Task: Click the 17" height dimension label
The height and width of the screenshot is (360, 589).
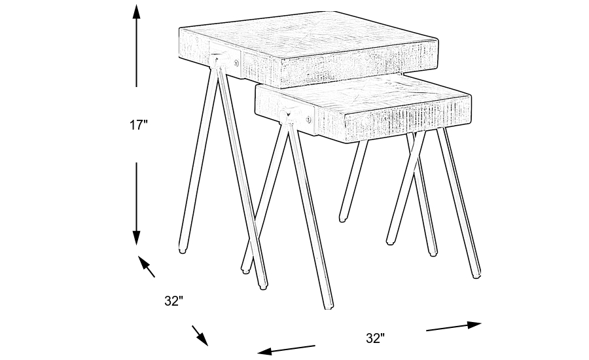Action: [138, 125]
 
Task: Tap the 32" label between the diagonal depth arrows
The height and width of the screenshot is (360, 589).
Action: [173, 301]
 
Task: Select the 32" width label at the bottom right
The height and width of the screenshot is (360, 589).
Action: [374, 338]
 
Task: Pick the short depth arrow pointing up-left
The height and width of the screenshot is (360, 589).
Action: [147, 266]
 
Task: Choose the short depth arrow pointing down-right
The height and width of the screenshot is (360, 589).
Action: [200, 334]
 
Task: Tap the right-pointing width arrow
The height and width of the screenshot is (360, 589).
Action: [454, 325]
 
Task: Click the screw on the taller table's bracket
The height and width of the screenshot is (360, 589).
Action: [236, 63]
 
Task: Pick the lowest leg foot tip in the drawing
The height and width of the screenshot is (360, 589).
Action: [328, 306]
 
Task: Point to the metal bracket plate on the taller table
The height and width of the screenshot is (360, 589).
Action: [226, 61]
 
